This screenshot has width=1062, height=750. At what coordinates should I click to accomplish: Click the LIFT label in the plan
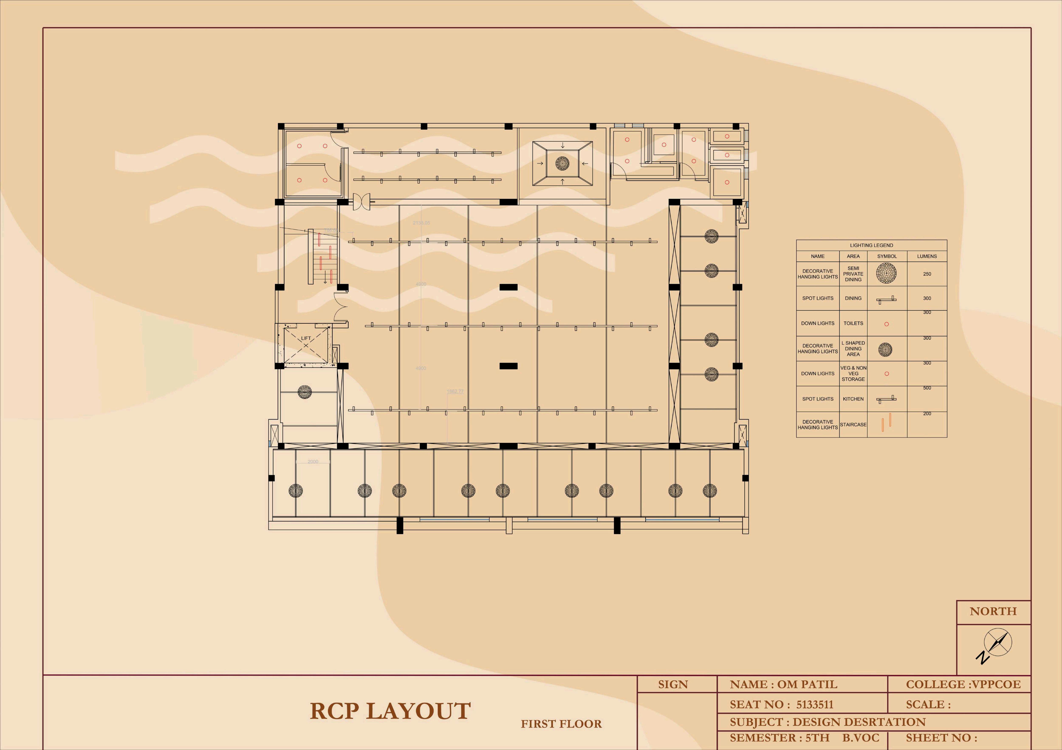[x=306, y=338]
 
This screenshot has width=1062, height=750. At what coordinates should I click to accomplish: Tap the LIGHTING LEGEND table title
[x=871, y=245]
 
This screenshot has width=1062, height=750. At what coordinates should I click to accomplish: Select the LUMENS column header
[x=927, y=256]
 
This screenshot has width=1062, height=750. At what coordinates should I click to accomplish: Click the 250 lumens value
[x=927, y=274]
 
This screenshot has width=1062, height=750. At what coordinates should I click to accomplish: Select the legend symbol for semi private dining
[x=886, y=273]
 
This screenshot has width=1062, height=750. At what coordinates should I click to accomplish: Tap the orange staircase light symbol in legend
[x=886, y=422]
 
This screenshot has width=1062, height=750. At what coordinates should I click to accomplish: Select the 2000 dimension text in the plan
[x=313, y=462]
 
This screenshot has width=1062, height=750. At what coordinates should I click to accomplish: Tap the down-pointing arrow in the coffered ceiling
[x=562, y=146]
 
